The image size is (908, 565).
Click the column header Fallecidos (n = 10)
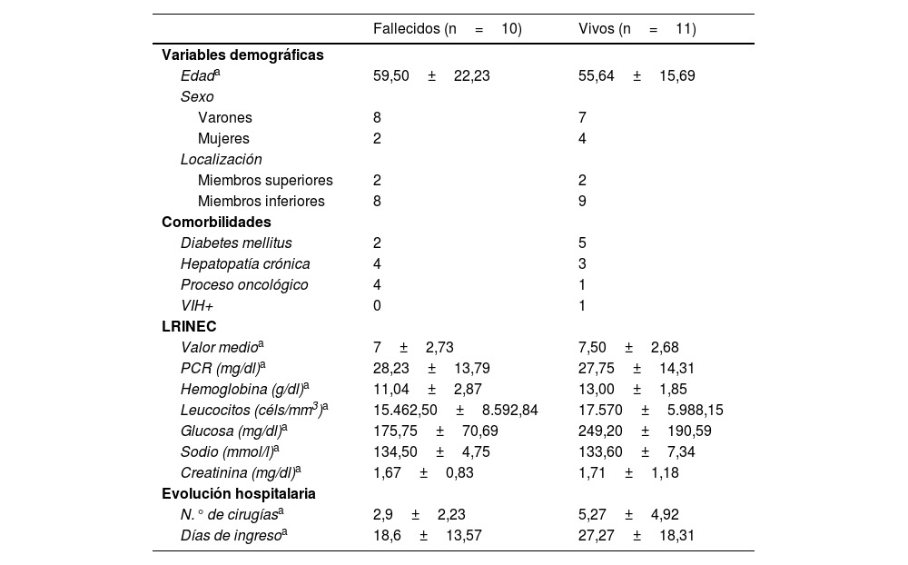(x=447, y=29)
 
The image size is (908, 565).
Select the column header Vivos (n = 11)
(x=637, y=29)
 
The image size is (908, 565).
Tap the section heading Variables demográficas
(x=242, y=55)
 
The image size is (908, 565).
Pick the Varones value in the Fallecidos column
(x=377, y=117)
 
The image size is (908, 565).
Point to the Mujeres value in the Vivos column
(x=582, y=138)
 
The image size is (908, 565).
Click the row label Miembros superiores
(x=265, y=180)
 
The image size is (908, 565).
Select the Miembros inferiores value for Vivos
(x=582, y=201)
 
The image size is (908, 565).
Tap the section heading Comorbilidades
(x=216, y=222)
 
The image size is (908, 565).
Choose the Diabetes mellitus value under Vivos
(x=582, y=243)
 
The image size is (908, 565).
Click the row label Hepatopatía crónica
(x=245, y=263)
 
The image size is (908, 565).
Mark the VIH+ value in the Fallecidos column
(x=377, y=305)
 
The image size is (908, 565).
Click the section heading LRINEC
(x=189, y=326)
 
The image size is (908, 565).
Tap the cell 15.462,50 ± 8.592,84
(x=455, y=410)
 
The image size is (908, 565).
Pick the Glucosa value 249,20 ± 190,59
(x=645, y=431)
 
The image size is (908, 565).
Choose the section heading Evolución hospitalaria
(x=239, y=493)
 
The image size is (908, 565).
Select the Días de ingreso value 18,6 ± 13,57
(x=427, y=535)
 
